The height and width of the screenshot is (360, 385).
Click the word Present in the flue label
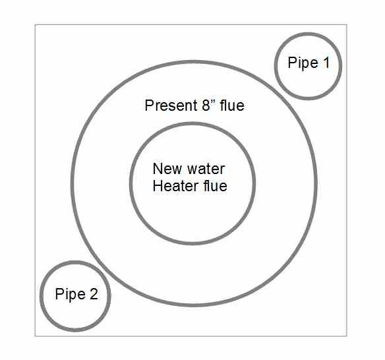tap(171, 105)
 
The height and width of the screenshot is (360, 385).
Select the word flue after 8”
tap(232, 105)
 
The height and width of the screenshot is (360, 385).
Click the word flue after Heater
tap(215, 186)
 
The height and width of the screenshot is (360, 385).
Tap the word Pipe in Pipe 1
tap(303, 63)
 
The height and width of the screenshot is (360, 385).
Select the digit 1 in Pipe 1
tap(326, 63)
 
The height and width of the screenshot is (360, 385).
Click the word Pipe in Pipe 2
tap(71, 294)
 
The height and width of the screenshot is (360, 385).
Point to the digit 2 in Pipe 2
tap(94, 293)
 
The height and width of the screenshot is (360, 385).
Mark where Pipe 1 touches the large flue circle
tap(283, 90)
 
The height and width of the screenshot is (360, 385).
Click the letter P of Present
tap(149, 105)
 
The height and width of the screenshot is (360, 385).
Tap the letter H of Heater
tap(158, 186)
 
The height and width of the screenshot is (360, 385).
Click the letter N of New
tap(158, 169)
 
